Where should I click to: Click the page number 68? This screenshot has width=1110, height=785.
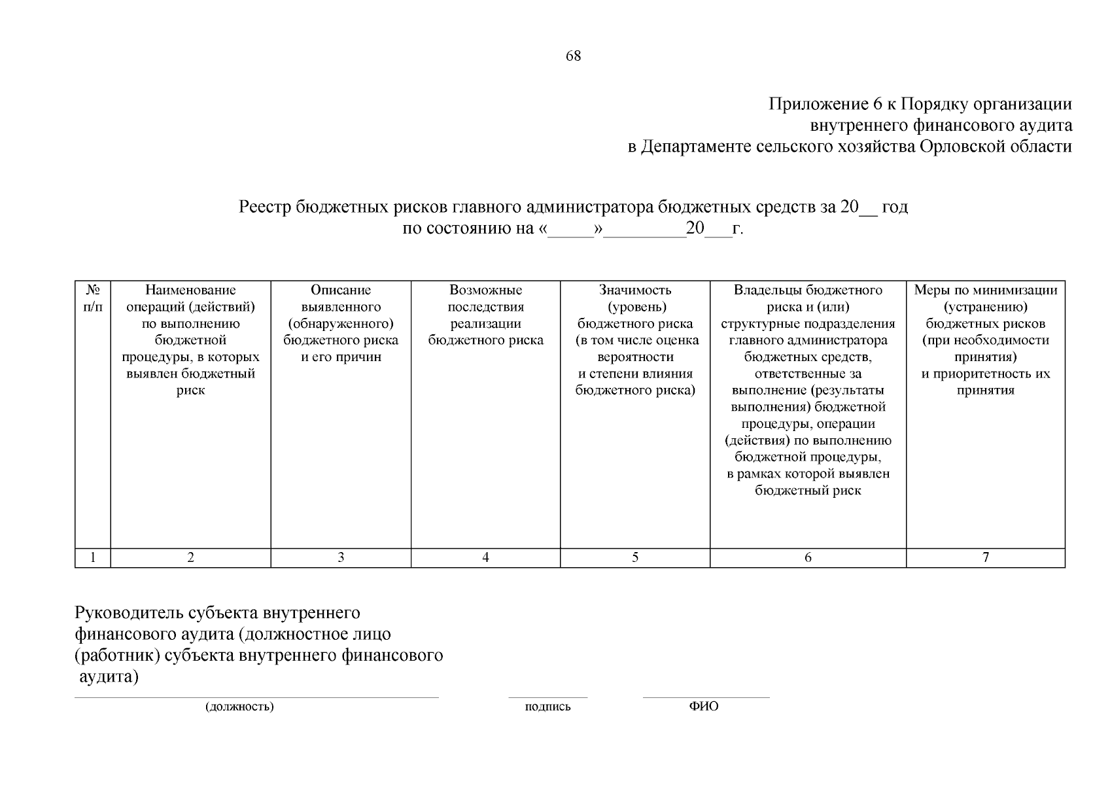(x=573, y=56)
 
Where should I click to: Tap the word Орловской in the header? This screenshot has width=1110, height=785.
(x=960, y=146)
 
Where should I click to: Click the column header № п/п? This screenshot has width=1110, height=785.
(x=93, y=298)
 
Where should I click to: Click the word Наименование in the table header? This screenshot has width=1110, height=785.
(x=190, y=290)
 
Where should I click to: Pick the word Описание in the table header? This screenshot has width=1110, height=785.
(x=341, y=290)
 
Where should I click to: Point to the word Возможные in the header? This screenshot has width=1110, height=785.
(x=485, y=290)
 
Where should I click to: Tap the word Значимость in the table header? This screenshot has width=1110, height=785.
(x=635, y=290)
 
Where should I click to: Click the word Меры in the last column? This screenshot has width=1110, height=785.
(x=929, y=290)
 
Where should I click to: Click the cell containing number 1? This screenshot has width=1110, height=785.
(x=93, y=557)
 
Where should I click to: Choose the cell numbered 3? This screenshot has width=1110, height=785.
(x=341, y=557)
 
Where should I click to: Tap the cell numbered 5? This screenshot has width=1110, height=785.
(x=635, y=557)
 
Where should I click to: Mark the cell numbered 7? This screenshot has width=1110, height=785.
(x=986, y=557)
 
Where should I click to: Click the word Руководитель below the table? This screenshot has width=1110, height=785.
(x=130, y=613)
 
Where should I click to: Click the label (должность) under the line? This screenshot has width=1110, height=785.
(x=239, y=706)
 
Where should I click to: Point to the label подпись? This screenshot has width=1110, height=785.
(x=547, y=706)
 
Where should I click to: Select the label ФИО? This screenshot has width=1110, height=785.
(x=704, y=706)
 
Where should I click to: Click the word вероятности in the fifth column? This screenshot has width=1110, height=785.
(x=635, y=357)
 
